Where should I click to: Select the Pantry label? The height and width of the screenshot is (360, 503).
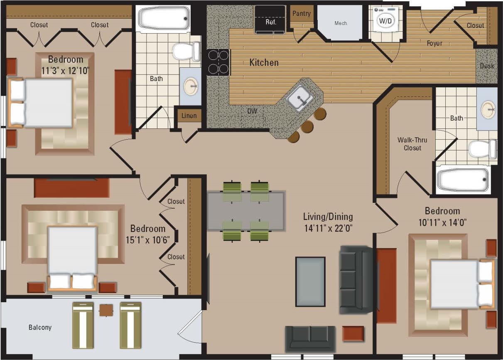301,13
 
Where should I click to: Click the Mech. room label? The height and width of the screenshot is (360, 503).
341,23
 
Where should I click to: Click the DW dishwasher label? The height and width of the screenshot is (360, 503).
252,111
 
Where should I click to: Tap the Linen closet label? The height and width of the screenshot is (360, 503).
189,116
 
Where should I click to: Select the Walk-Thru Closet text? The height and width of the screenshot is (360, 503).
412,144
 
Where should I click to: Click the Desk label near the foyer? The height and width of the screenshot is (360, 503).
487,66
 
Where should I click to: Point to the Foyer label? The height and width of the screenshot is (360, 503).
434,43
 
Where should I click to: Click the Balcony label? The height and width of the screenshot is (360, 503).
40,327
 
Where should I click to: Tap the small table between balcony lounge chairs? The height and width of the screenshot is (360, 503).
106,310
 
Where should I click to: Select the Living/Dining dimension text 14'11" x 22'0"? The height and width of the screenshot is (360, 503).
328,228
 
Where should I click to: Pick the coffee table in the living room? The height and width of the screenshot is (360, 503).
310,281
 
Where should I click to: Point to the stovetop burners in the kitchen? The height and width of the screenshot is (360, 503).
218,62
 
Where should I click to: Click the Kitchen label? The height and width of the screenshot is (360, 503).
264,63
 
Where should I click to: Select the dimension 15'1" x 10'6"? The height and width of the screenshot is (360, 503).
148,240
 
